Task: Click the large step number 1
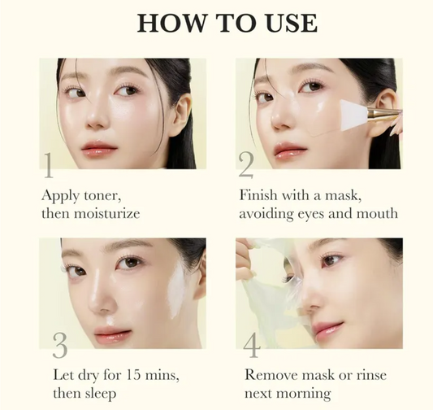coord(49,165)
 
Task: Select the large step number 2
coord(245,165)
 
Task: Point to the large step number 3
coord(59,345)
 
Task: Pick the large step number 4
coord(252,345)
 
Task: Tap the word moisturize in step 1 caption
coord(106,214)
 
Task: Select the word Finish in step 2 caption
coord(258,196)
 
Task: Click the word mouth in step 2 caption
coord(378,214)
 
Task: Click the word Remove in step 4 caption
coord(269,376)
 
